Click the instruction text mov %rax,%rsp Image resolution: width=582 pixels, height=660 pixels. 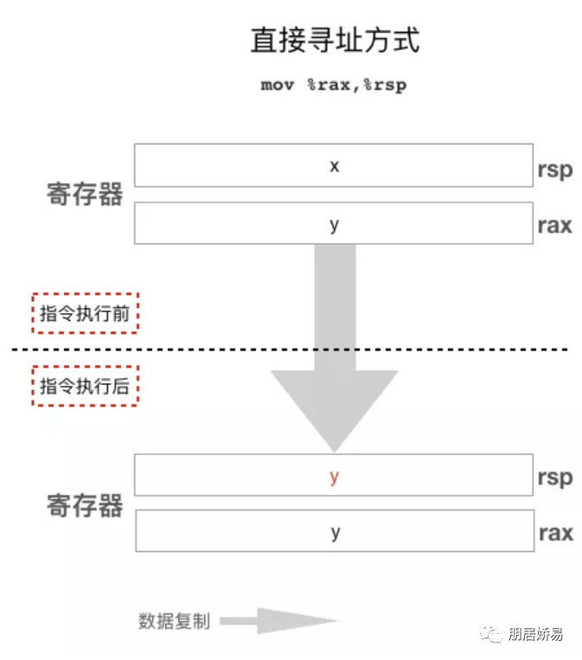point(334,85)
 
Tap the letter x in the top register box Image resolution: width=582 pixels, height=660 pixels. point(334,165)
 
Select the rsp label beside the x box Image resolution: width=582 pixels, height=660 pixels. point(554,169)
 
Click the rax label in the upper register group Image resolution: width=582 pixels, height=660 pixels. point(554,225)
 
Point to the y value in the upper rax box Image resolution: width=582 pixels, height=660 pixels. point(334,223)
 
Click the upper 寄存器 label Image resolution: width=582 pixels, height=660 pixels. point(85,195)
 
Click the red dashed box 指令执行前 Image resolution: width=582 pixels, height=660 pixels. point(85,313)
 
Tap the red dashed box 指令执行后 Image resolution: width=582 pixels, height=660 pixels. point(85,386)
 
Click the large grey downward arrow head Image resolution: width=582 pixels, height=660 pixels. point(334,402)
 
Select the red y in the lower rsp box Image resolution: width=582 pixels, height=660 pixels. point(334,477)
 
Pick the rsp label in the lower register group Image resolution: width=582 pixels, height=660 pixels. point(554,477)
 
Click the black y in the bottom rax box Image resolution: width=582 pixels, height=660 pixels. point(334,531)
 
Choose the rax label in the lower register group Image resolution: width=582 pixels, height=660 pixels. point(554,532)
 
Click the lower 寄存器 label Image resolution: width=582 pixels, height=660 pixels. point(85,505)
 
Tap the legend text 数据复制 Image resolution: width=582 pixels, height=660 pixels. point(174,621)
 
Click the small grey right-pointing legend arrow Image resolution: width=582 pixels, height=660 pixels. point(285,621)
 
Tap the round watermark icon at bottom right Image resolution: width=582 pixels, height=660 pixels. point(494,635)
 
